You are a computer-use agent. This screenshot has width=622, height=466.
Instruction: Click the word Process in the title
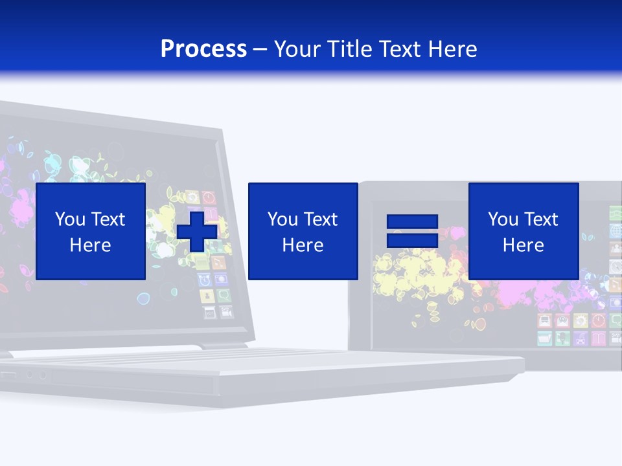(203, 49)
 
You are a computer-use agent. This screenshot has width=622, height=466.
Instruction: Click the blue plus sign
(196, 231)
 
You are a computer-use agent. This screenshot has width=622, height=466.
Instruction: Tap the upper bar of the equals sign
(412, 223)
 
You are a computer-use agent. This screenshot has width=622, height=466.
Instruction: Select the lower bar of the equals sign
(412, 240)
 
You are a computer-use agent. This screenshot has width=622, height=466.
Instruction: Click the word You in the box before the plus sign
(70, 219)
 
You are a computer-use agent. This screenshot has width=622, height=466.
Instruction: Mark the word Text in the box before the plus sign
(108, 219)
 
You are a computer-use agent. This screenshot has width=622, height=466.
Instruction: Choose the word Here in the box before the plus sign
(90, 245)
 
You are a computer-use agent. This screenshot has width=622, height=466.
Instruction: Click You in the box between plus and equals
(282, 219)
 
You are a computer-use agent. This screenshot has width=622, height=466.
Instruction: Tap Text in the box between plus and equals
(320, 219)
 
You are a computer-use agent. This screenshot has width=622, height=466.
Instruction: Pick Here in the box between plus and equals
(303, 245)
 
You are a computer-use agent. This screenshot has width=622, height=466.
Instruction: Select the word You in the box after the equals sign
(503, 219)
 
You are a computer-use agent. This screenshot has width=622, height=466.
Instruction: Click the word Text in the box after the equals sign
(540, 219)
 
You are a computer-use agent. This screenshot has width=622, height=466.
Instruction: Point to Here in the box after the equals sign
(523, 245)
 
